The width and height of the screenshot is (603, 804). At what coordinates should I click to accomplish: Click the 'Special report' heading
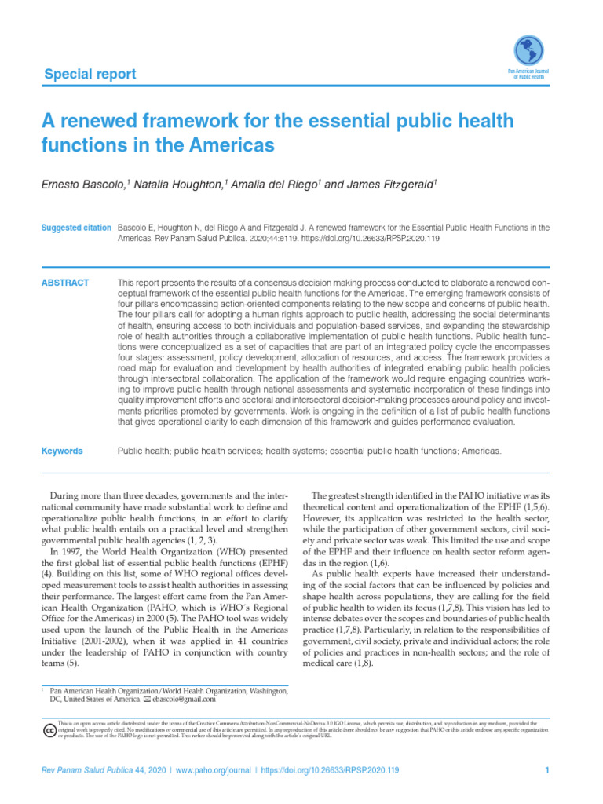click(90, 75)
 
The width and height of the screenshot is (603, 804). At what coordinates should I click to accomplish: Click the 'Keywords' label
click(62, 451)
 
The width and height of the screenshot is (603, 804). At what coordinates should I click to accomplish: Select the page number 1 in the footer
click(546, 771)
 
